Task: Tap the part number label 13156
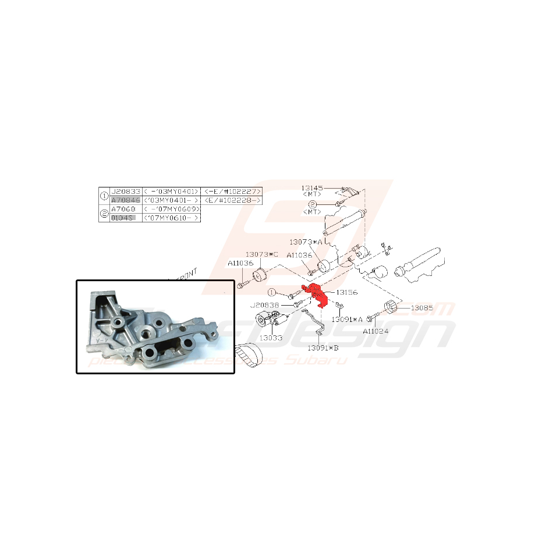click(x=347, y=293)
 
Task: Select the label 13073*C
click(x=261, y=255)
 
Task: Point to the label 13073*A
click(x=306, y=241)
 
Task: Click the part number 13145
click(x=313, y=188)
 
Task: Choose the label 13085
click(x=423, y=307)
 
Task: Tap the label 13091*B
click(x=323, y=348)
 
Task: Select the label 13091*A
click(x=348, y=319)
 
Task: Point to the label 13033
click(x=271, y=337)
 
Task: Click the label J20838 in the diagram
click(x=265, y=305)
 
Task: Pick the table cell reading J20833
click(x=125, y=191)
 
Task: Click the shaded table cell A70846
click(x=125, y=200)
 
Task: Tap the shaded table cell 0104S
click(x=123, y=217)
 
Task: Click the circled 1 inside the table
click(x=105, y=196)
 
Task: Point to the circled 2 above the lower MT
click(x=312, y=204)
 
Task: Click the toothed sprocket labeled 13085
click(x=391, y=308)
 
